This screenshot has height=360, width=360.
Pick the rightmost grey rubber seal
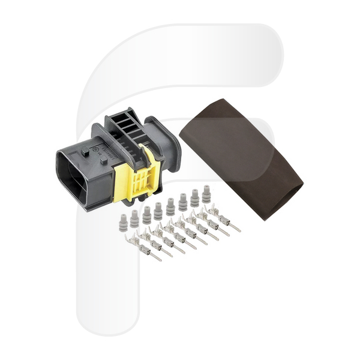point(206,194)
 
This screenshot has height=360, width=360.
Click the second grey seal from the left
point(134,219)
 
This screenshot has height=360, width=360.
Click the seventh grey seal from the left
point(194,198)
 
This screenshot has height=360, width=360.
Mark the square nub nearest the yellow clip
point(104,160)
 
